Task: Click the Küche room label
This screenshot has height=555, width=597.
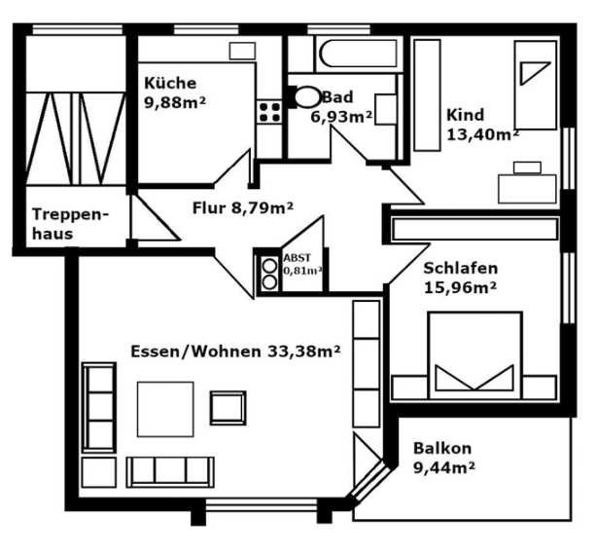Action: (x=170, y=83)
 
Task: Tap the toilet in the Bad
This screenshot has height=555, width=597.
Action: (x=307, y=97)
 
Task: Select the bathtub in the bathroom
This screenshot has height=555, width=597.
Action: (x=359, y=54)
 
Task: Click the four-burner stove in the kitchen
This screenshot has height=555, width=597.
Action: (x=269, y=112)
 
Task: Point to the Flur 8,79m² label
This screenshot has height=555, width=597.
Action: (x=243, y=208)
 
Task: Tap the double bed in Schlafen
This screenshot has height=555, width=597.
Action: (x=474, y=355)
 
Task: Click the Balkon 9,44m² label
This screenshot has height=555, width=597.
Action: (x=444, y=458)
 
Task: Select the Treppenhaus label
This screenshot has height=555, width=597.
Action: (x=70, y=224)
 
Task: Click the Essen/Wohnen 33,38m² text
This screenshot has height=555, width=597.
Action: (x=235, y=351)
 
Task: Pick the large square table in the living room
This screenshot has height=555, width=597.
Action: (x=165, y=409)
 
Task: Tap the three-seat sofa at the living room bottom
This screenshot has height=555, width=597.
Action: (x=170, y=472)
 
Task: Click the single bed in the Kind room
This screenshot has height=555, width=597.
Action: (x=536, y=85)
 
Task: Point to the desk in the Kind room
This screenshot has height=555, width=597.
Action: (x=527, y=189)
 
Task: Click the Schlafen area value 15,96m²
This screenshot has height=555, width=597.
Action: (x=460, y=288)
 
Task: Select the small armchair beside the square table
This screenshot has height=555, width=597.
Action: (x=228, y=408)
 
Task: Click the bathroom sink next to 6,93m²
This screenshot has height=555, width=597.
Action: (x=386, y=109)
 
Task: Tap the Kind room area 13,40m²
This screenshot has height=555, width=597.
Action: (x=483, y=134)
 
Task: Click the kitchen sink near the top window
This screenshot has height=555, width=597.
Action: (x=242, y=51)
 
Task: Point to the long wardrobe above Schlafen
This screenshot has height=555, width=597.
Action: (x=475, y=229)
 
